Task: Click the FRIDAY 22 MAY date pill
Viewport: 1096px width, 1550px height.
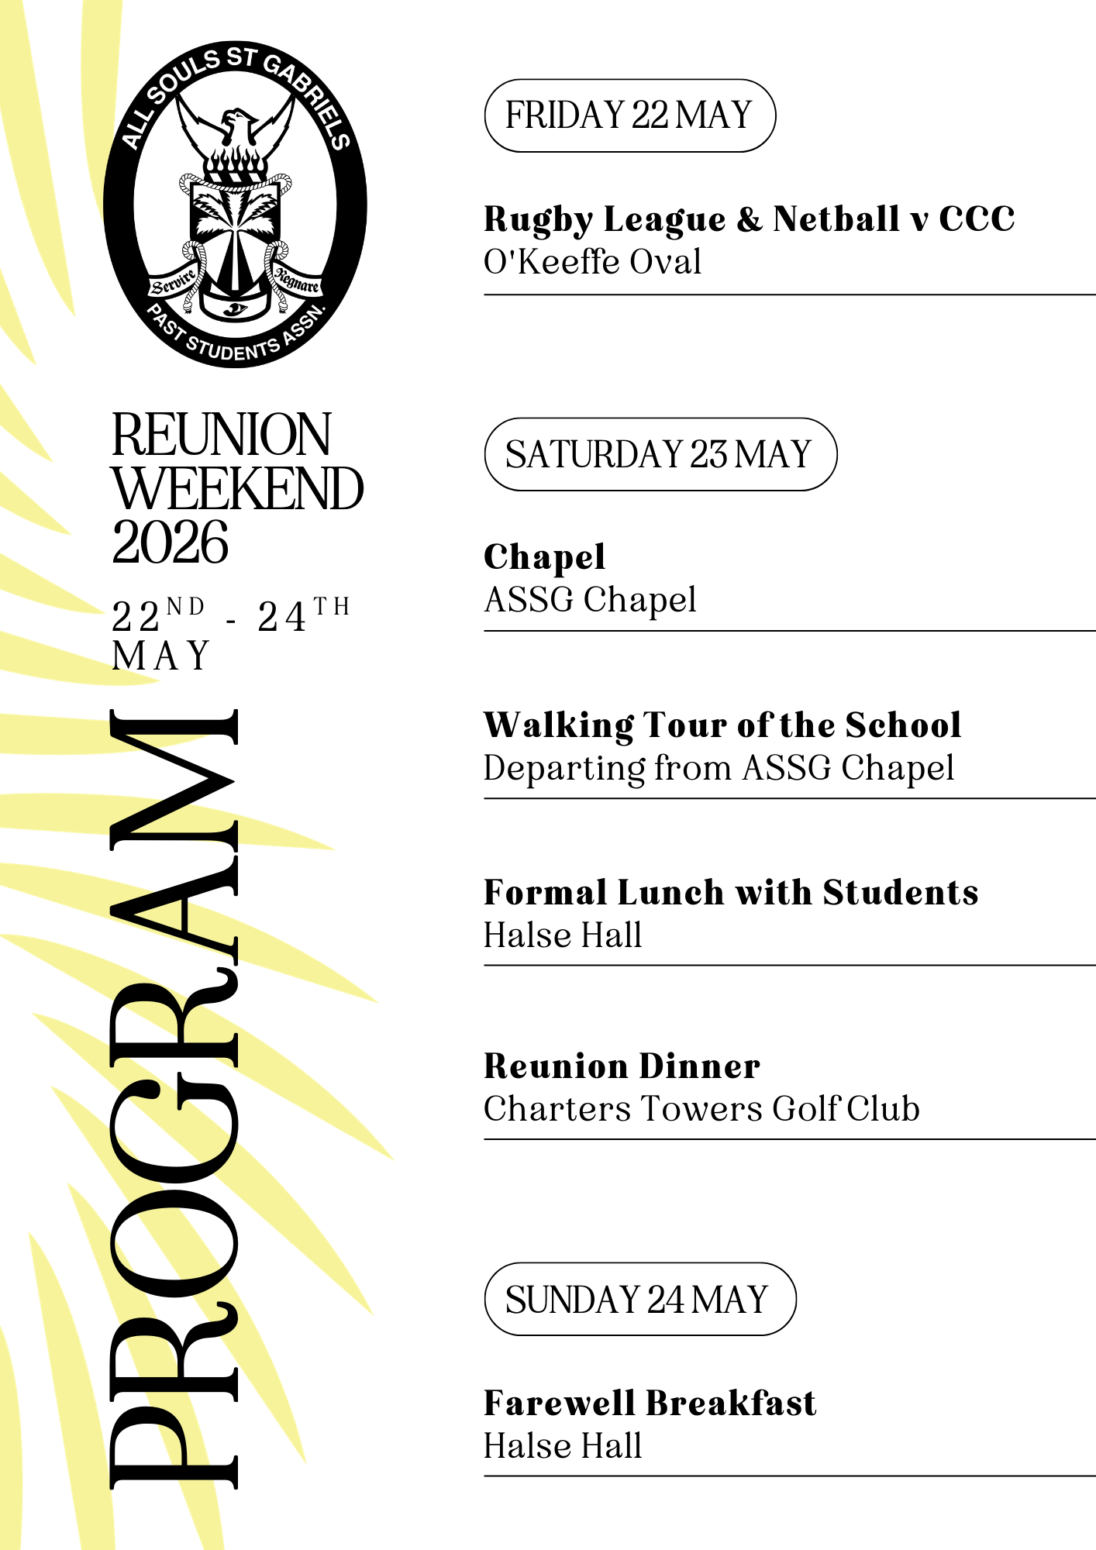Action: tap(629, 115)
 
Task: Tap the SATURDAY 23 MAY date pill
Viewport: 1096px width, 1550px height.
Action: tap(660, 454)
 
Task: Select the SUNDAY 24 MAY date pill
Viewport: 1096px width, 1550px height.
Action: tap(639, 1299)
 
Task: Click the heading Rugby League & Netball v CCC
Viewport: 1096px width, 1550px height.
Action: tap(749, 219)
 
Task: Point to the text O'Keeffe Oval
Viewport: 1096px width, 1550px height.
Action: tap(592, 262)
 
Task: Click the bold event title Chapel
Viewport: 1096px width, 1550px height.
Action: tap(544, 557)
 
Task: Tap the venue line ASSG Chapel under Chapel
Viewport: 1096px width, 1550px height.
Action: tap(590, 600)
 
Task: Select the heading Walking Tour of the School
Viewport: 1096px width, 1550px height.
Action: tap(722, 725)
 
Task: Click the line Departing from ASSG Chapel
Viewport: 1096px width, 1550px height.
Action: tap(719, 768)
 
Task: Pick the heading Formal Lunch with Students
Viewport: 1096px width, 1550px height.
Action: tap(731, 893)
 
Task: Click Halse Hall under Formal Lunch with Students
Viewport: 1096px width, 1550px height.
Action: tap(563, 935)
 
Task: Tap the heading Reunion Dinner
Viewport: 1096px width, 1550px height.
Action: tap(622, 1066)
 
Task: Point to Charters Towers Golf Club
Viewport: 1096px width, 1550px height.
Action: tap(701, 1109)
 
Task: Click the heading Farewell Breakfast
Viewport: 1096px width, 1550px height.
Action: tap(650, 1404)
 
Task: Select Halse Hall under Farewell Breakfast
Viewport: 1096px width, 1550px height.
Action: tap(563, 1446)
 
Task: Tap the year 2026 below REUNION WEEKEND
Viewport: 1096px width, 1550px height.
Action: tap(171, 542)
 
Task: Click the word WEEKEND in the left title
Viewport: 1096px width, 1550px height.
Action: tap(237, 489)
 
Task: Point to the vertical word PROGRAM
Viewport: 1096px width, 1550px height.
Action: tap(174, 1098)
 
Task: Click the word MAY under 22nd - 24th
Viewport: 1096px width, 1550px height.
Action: tap(161, 656)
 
